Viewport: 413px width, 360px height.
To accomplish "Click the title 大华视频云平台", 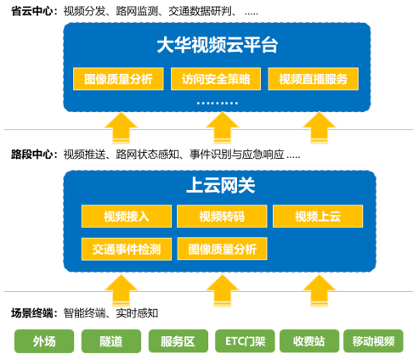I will pos(218,46).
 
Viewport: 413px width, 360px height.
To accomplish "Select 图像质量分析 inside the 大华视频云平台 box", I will pos(118,79).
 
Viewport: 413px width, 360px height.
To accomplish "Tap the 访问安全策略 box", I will pos(217,79).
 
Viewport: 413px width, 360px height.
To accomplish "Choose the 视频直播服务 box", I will pos(313,79).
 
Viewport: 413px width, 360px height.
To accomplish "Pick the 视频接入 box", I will pos(126,216).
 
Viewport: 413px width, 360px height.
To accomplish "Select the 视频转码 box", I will pos(221,216).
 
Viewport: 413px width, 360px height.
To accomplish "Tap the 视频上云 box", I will pos(317,216).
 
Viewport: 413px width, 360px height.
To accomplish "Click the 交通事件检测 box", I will pos(126,248).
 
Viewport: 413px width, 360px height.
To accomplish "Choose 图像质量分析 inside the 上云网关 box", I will pos(222,248).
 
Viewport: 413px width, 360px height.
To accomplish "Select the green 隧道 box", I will pos(110,341).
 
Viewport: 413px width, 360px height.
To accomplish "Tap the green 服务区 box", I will pos(177,341).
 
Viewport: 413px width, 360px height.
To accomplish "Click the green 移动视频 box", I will pos(373,341).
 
